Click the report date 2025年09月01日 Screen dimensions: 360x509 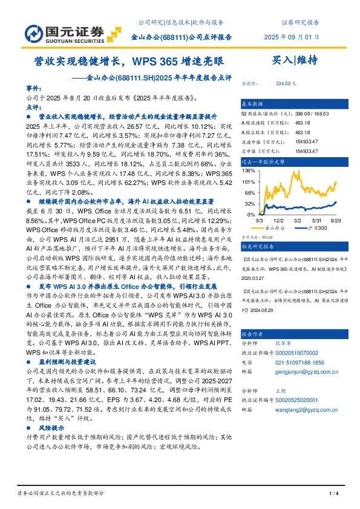(292, 37)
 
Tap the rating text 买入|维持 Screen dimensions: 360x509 (292, 60)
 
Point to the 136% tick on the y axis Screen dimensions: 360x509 (249, 170)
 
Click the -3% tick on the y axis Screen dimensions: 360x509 (250, 214)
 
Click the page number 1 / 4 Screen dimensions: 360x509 (333, 494)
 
